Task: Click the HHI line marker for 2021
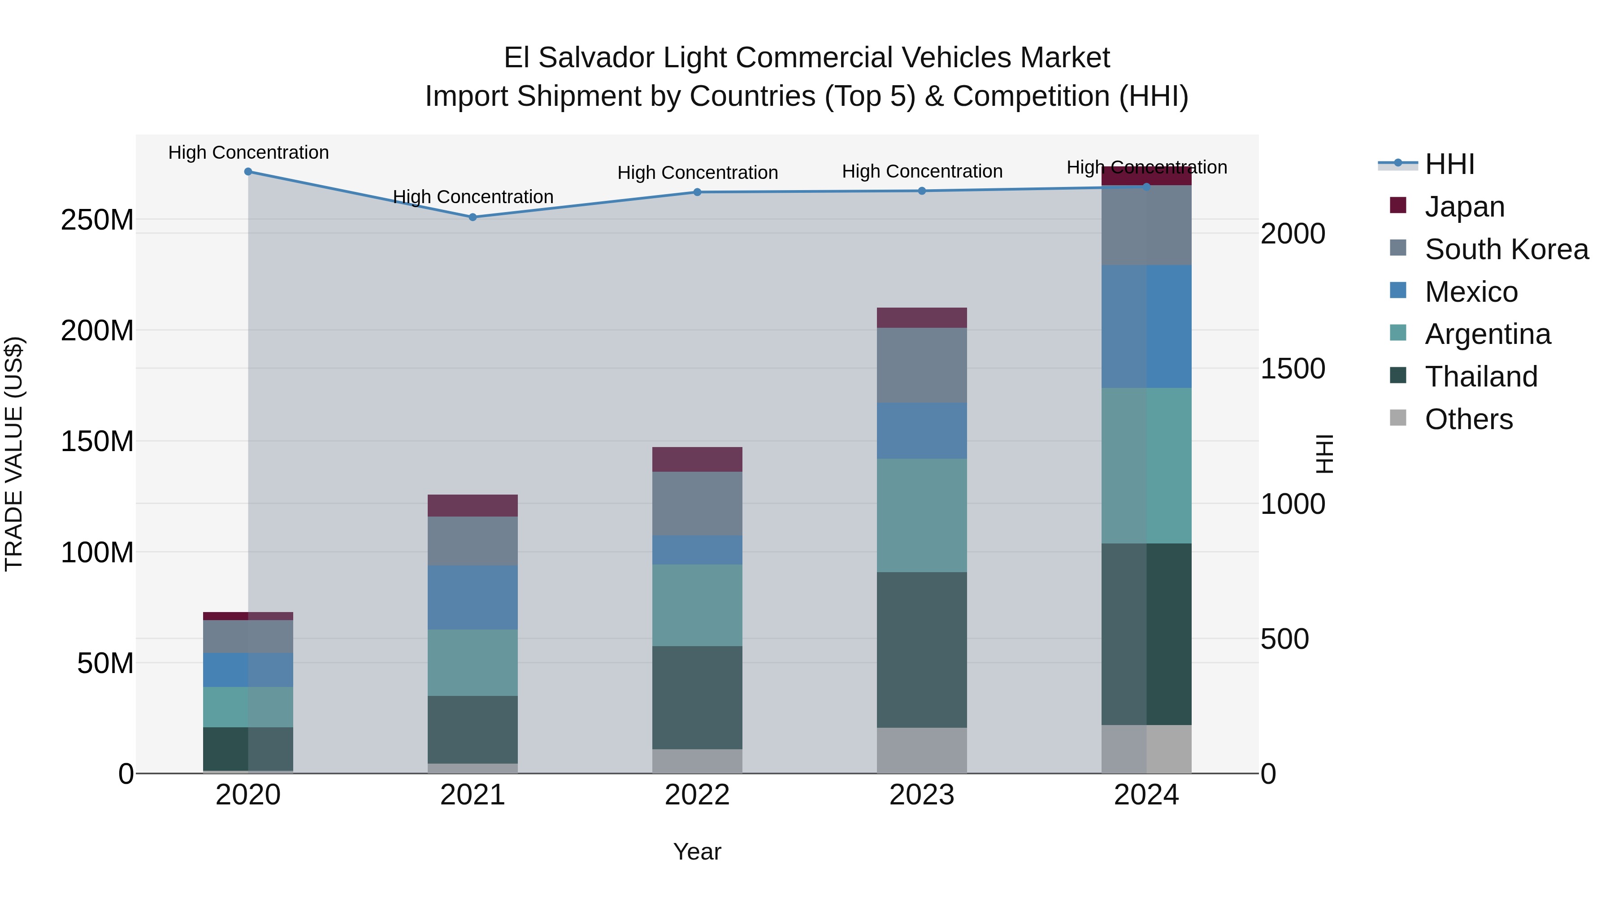(x=473, y=217)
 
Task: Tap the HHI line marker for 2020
(x=248, y=172)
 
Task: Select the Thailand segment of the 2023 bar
(x=922, y=650)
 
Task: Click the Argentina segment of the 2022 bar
(x=697, y=605)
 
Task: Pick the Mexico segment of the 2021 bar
(x=473, y=598)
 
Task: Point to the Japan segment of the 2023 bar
(x=922, y=318)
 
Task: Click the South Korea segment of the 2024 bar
(x=1146, y=226)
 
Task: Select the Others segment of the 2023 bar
(x=922, y=750)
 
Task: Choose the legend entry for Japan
(x=1464, y=207)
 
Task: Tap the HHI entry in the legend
(x=1449, y=164)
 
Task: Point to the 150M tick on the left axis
(x=97, y=442)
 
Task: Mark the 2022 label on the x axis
(x=697, y=795)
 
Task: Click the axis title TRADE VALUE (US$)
(x=14, y=454)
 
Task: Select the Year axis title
(x=697, y=852)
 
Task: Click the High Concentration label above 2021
(x=473, y=197)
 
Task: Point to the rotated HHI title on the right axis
(x=1324, y=454)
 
